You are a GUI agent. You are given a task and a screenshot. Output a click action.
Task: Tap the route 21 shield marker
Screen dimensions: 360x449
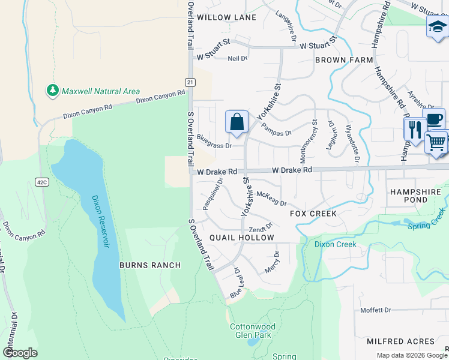190,82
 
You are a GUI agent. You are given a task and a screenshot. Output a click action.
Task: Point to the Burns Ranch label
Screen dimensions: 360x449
150,265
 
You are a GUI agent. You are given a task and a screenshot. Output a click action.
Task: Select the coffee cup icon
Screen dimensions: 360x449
433,119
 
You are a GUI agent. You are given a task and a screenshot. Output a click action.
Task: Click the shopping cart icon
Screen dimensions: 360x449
437,142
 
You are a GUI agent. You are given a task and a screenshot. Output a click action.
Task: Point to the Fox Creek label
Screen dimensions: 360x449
313,214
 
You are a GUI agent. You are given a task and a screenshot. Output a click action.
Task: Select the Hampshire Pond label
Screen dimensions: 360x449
415,196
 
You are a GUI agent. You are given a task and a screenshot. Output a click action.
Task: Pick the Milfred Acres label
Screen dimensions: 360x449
400,341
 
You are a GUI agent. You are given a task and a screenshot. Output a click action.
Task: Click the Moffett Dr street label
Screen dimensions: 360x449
376,310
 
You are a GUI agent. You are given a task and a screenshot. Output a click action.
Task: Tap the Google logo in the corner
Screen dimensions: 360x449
20,353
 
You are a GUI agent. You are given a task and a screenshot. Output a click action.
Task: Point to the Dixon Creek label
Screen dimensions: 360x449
336,244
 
